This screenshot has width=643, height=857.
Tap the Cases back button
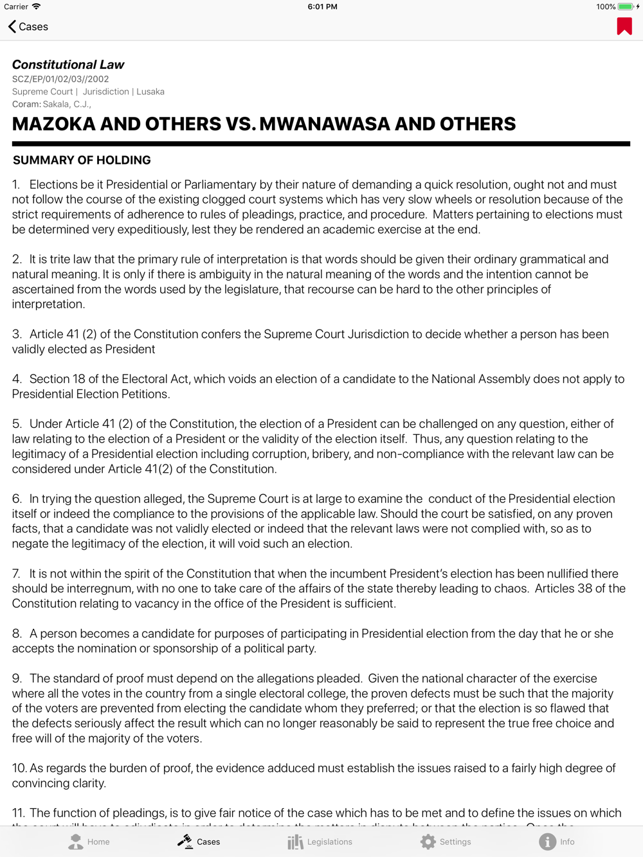click(x=28, y=27)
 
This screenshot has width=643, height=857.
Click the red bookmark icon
click(x=624, y=26)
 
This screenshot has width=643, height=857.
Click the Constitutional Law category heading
click(x=68, y=64)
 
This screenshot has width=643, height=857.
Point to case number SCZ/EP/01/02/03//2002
click(x=60, y=79)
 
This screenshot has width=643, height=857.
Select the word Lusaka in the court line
click(x=150, y=91)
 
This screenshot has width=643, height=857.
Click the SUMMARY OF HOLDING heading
click(x=82, y=160)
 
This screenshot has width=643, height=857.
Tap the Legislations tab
click(x=320, y=842)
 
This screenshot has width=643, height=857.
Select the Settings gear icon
click(x=428, y=842)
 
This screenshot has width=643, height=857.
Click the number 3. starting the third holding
click(x=17, y=334)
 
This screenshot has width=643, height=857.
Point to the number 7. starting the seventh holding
click(x=17, y=574)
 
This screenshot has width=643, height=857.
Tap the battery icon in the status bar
click(x=626, y=7)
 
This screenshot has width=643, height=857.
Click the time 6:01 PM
click(x=322, y=7)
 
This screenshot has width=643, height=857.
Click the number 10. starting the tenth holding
click(x=19, y=768)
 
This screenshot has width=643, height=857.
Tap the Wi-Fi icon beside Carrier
click(x=37, y=7)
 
